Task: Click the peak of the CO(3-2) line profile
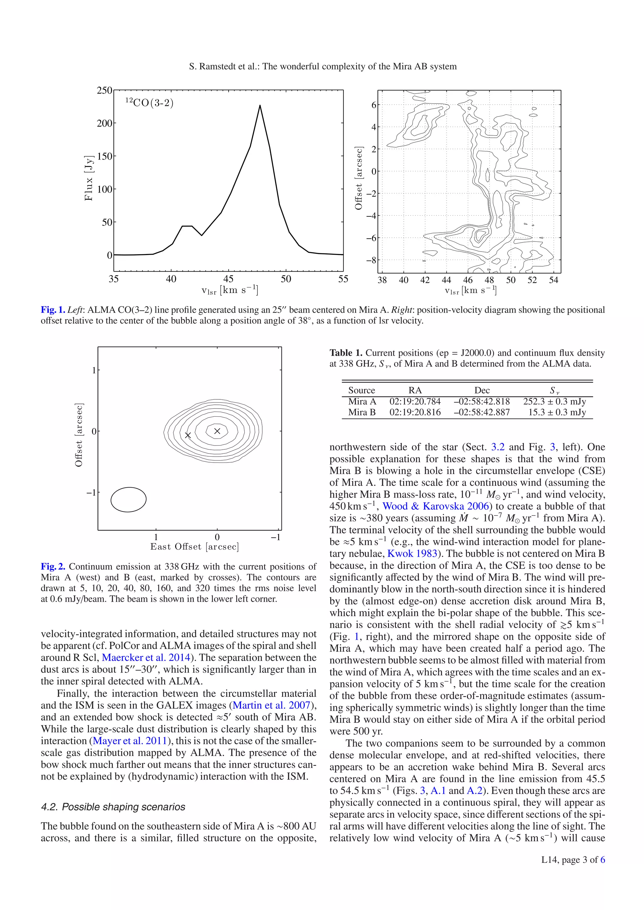click(x=260, y=106)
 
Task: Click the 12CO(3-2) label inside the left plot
click(x=150, y=103)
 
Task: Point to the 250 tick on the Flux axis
click(x=105, y=90)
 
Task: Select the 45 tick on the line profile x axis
click(x=229, y=279)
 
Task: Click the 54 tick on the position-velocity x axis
click(x=553, y=280)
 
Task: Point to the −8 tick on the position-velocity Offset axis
click(x=371, y=260)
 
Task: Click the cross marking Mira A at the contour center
click(x=217, y=431)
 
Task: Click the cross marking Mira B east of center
click(x=188, y=435)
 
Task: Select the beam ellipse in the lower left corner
click(x=128, y=499)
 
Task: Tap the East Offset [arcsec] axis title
click(x=194, y=547)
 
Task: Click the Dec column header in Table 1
click(x=482, y=390)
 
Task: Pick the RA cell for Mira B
click(x=415, y=412)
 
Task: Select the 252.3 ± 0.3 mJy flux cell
click(x=554, y=402)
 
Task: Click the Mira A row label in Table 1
click(x=362, y=402)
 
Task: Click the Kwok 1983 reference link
click(x=412, y=554)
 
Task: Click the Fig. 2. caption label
click(x=53, y=567)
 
